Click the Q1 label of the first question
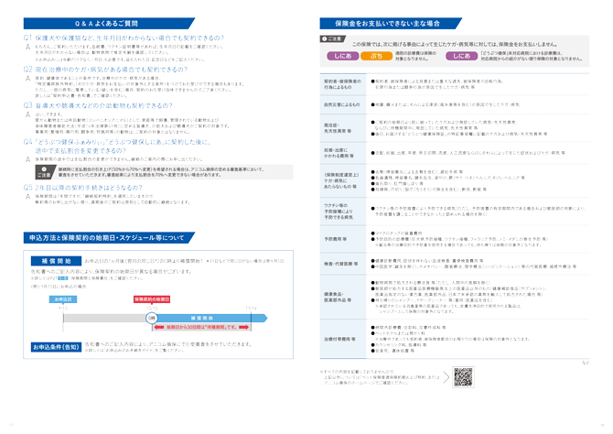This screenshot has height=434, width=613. pyautogui.click(x=27, y=39)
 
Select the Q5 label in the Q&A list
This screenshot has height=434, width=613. pyautogui.click(x=27, y=186)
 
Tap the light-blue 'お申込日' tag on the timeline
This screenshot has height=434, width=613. pyautogui.click(x=62, y=299)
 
